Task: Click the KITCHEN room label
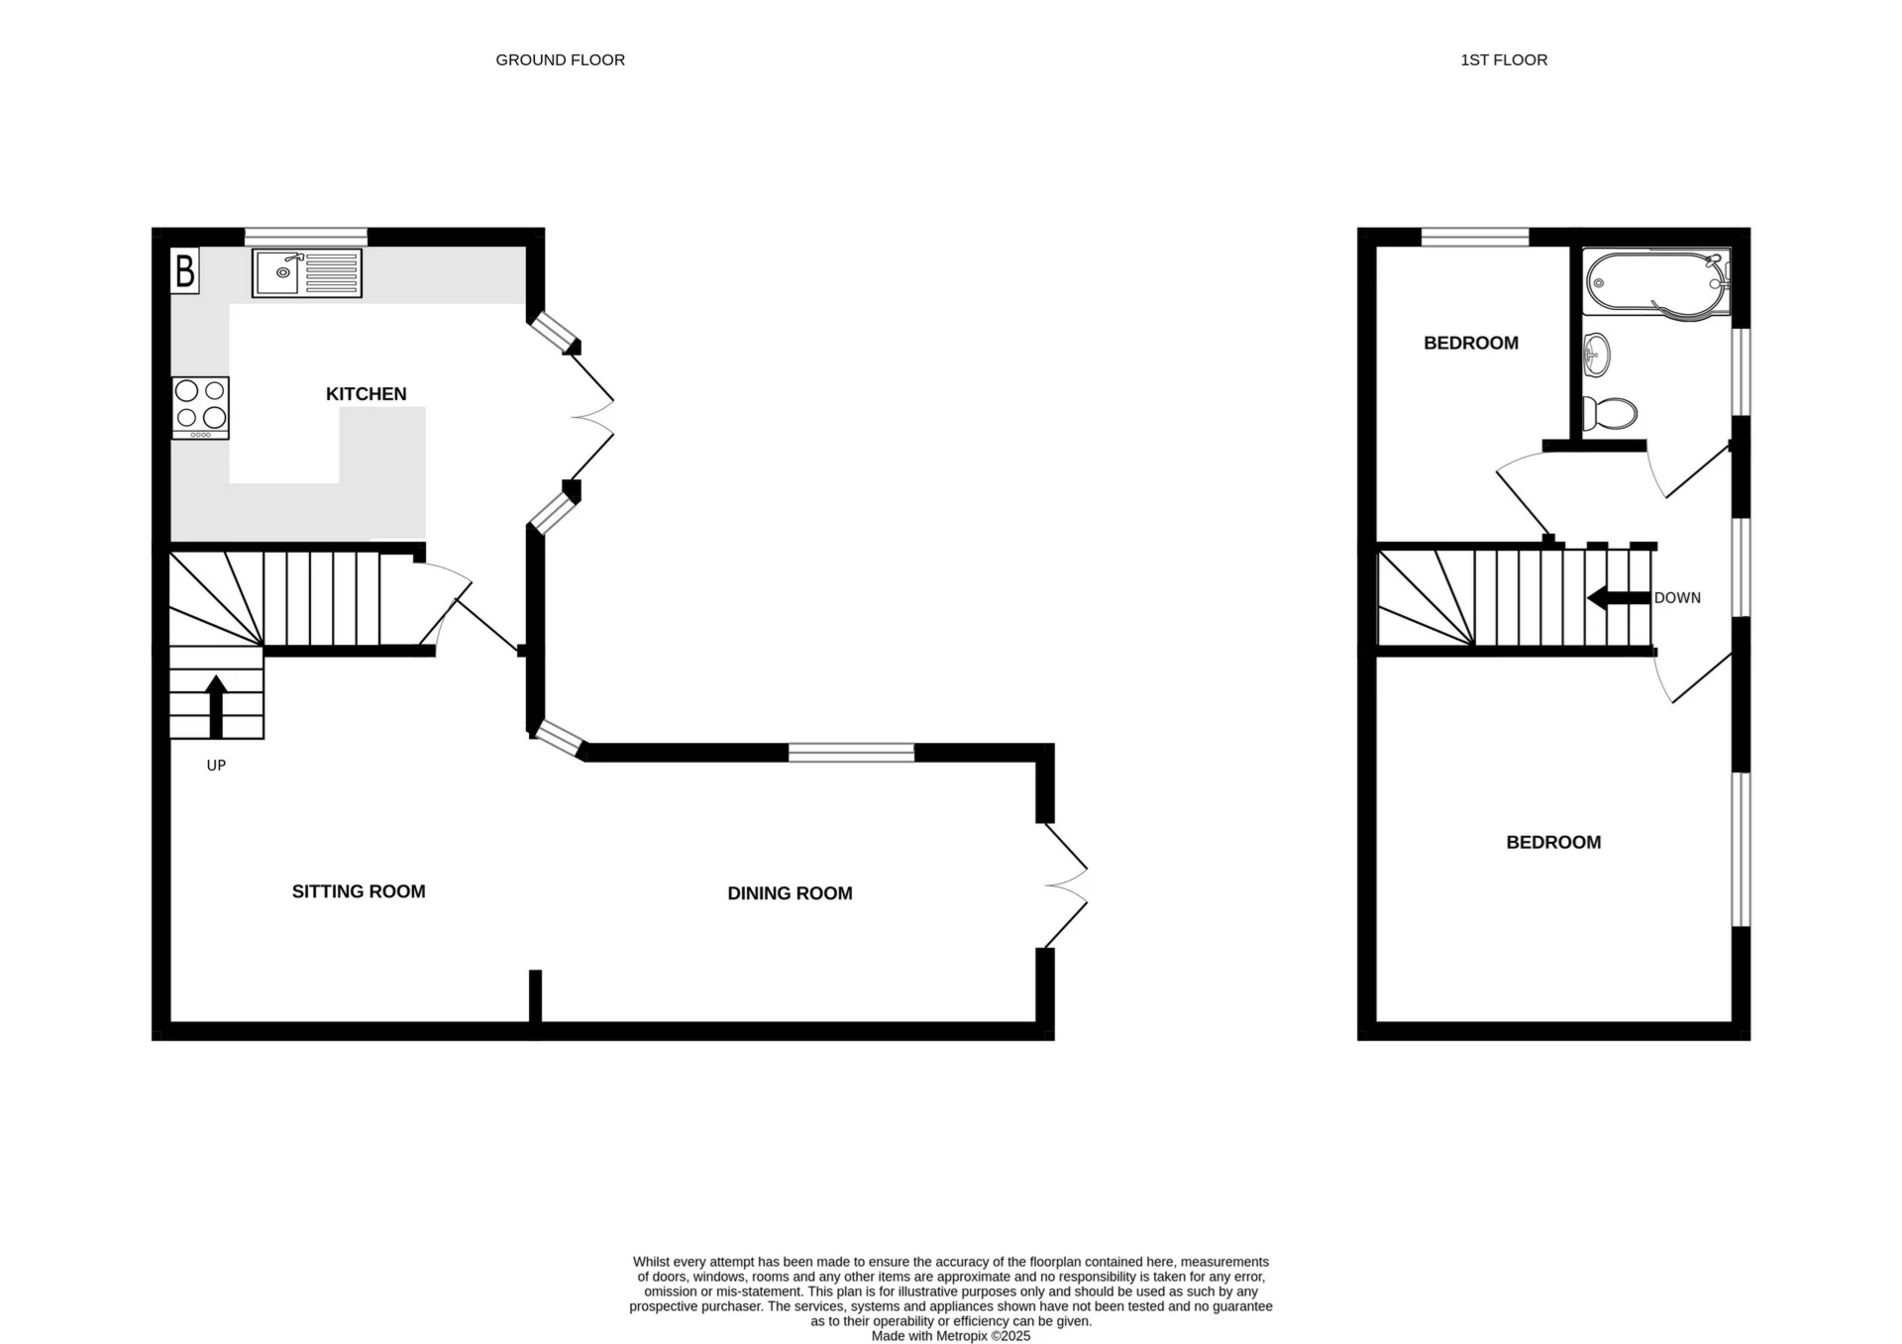[366, 394]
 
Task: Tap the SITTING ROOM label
[359, 891]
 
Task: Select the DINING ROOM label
[790, 893]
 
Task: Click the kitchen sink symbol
[306, 272]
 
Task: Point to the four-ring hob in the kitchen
[200, 407]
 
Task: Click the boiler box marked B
[185, 270]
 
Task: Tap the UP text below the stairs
[216, 765]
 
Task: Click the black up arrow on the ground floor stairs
[216, 705]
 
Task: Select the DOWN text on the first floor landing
[1677, 598]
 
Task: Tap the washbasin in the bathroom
[1596, 355]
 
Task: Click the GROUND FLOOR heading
[560, 60]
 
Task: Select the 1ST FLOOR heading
[1503, 60]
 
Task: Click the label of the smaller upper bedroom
[1470, 343]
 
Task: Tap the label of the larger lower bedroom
[1552, 843]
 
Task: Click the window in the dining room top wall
[851, 753]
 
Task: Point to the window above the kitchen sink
[306, 236]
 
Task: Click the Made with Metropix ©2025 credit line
[950, 1336]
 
